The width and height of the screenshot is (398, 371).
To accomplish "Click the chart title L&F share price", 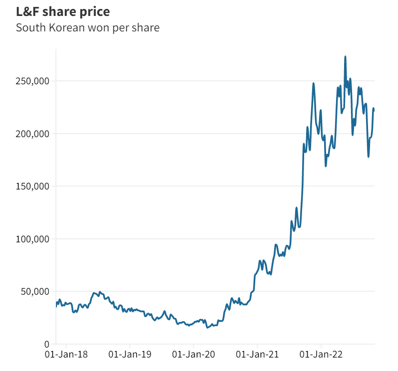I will point(63,11).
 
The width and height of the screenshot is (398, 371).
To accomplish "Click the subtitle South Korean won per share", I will point(87,27).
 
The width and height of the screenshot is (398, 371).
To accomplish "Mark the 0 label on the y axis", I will point(46,344).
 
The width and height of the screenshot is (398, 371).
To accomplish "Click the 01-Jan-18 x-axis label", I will point(66,355).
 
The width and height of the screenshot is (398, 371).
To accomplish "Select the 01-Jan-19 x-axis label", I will point(130,355).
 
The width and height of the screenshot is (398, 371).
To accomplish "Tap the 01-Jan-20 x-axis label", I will point(194,355).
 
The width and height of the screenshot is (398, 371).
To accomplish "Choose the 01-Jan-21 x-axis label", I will point(257,355).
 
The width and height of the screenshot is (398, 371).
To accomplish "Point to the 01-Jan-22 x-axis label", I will point(321,355).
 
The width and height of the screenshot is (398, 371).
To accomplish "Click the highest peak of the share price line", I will point(345,56).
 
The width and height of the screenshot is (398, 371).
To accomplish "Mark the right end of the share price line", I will point(374,109).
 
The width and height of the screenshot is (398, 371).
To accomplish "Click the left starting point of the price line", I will point(56,306).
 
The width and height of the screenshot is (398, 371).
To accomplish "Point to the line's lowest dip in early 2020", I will point(207,327).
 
